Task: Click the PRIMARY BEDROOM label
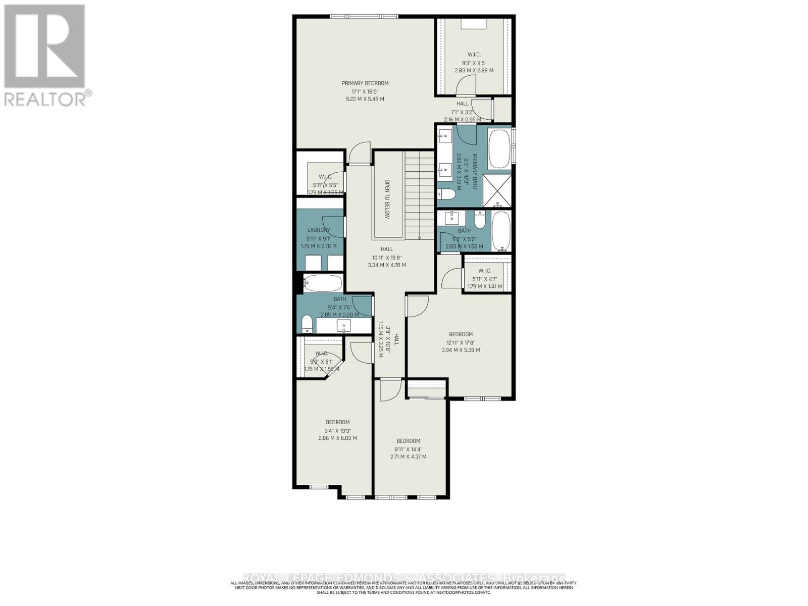[365, 83]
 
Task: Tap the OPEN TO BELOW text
[388, 198]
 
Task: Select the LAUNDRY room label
[318, 230]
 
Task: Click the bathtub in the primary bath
[499, 149]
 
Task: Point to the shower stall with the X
[497, 191]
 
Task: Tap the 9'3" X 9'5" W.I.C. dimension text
[474, 63]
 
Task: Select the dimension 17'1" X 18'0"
[365, 91]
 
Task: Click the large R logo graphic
[44, 46]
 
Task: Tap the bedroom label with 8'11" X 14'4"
[408, 441]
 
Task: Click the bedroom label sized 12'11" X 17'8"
[461, 334]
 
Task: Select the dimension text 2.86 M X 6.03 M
[337, 438]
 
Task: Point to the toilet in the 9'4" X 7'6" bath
[307, 324]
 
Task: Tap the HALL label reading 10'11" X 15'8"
[387, 249]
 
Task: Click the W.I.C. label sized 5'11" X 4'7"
[484, 271]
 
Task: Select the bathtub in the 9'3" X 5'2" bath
[501, 231]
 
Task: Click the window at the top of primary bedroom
[364, 17]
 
